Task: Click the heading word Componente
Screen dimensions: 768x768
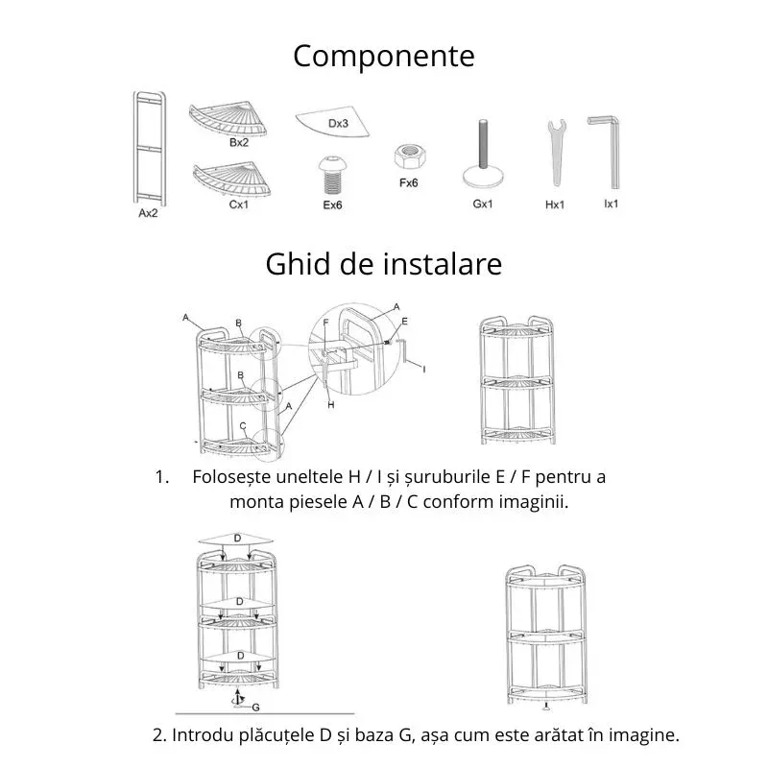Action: tap(383, 56)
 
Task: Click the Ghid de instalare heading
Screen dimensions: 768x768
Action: tap(383, 263)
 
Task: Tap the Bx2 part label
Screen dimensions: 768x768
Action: tap(239, 142)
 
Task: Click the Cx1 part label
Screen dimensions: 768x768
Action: tap(239, 204)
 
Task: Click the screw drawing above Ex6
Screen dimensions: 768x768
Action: tap(332, 177)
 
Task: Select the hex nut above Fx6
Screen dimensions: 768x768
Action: tap(407, 156)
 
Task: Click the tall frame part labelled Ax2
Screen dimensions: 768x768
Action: tap(150, 149)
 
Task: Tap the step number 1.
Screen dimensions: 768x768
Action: tap(160, 476)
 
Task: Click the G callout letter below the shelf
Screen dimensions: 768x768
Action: tap(255, 707)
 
